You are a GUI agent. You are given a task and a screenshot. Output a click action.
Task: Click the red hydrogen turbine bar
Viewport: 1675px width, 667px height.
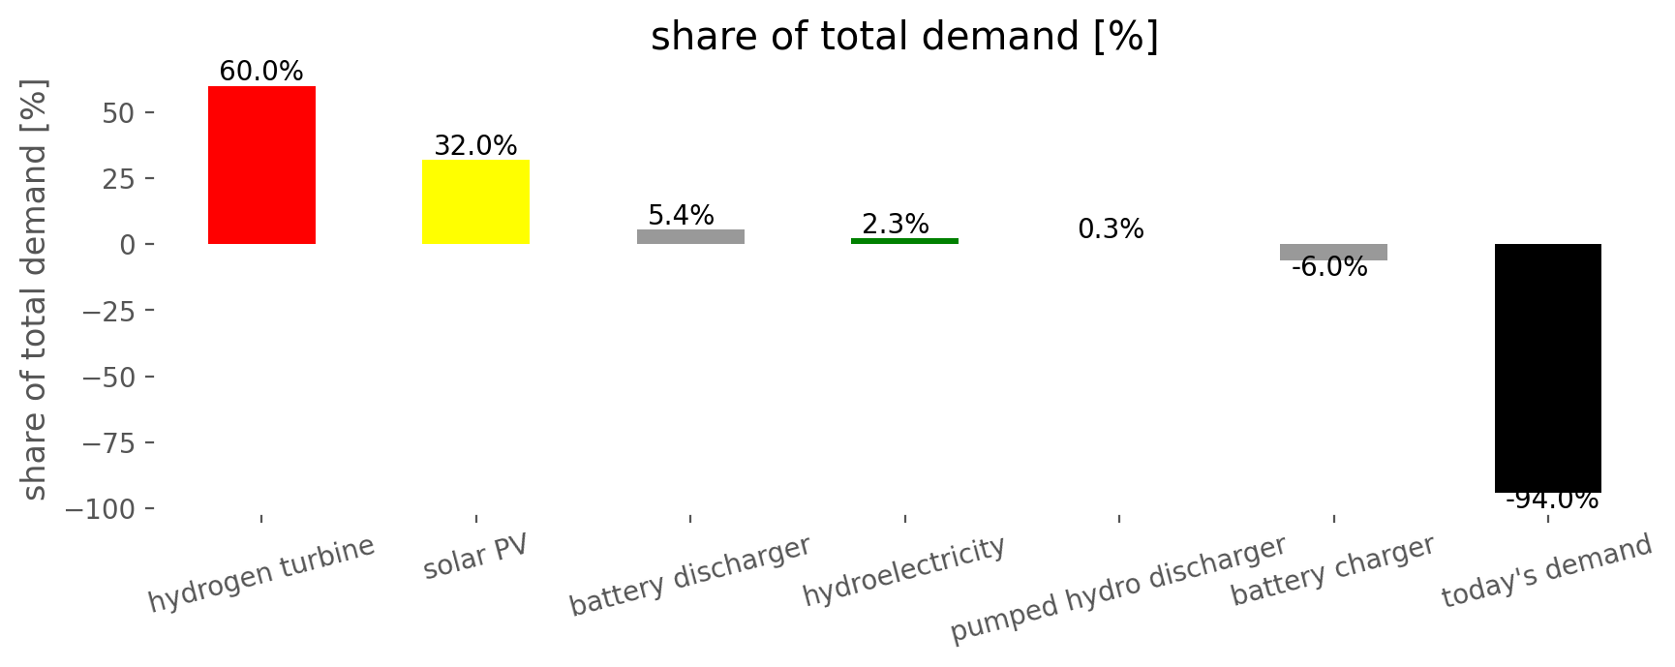[x=261, y=165]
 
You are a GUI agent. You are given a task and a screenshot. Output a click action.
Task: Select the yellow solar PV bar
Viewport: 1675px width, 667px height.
[x=475, y=201]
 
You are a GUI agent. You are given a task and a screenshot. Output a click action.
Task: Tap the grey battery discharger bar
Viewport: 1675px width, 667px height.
[x=690, y=236]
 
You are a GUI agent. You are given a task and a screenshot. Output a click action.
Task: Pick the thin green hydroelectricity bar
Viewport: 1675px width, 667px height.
[x=904, y=241]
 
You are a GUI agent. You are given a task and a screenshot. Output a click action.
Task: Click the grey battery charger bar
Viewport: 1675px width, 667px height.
[x=1333, y=252]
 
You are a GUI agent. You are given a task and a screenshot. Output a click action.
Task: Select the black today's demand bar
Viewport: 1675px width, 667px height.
[x=1548, y=368]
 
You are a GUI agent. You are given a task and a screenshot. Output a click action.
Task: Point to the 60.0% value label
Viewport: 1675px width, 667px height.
[x=261, y=72]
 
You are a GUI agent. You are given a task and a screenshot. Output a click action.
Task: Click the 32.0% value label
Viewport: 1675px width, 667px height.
[x=475, y=146]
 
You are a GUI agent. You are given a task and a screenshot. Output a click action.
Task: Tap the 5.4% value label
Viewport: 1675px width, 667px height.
[x=681, y=215]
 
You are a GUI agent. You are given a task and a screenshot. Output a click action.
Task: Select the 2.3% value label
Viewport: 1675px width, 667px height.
[x=896, y=225]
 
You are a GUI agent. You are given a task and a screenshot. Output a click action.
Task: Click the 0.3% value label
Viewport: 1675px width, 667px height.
[x=1111, y=229]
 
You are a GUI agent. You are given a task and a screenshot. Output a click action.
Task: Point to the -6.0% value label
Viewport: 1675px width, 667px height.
[x=1329, y=267]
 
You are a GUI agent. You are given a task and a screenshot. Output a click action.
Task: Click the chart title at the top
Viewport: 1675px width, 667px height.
[x=904, y=37]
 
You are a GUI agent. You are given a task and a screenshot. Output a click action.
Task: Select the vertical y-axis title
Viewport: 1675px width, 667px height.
[x=35, y=289]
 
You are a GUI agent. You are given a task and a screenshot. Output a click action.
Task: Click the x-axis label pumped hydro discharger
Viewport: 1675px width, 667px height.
[x=1118, y=589]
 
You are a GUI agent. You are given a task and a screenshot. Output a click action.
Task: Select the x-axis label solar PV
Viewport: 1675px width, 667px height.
[x=475, y=557]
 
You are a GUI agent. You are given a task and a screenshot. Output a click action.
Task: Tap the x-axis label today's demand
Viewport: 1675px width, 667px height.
[x=1546, y=571]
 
